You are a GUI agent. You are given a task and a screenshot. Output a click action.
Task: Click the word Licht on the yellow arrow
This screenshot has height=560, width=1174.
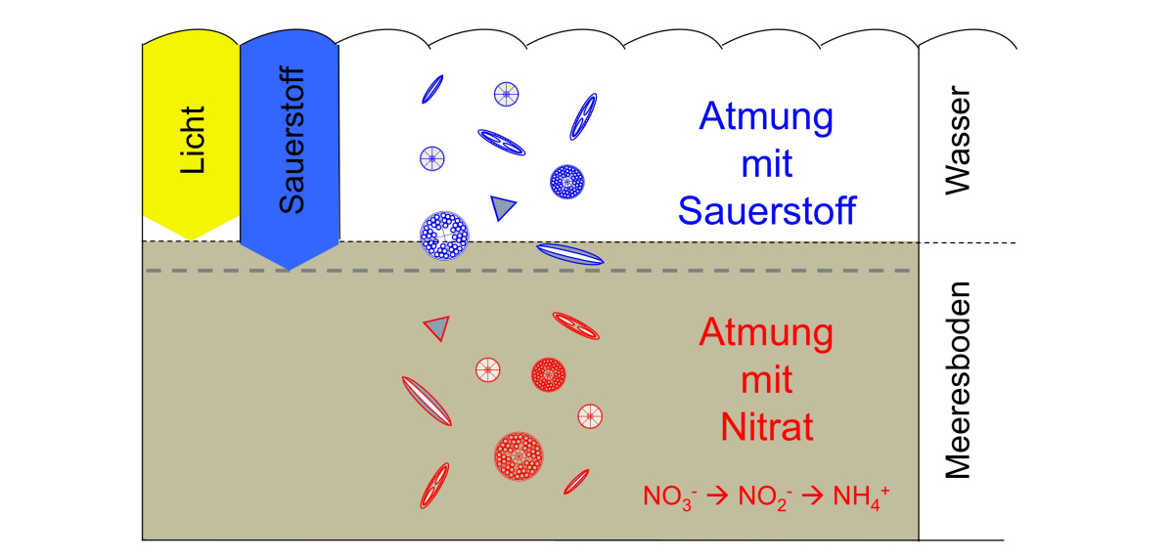click(x=192, y=140)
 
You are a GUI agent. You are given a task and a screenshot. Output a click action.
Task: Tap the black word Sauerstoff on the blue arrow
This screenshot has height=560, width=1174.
click(x=292, y=140)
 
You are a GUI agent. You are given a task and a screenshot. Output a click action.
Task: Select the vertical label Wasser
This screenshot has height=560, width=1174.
click(x=958, y=141)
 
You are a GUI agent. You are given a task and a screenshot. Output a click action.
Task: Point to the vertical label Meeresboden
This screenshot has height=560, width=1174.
click(x=958, y=380)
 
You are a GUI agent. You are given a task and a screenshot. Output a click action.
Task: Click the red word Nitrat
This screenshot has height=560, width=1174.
click(x=767, y=427)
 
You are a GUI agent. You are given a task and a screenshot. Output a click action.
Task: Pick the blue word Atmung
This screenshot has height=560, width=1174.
click(x=766, y=118)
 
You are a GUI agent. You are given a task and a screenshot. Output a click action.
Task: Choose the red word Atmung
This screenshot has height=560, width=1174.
click(x=766, y=334)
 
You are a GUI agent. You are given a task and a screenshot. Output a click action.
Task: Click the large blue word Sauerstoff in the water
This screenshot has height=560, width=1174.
click(x=767, y=211)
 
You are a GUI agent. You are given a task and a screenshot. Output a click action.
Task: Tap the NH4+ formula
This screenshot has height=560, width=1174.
click(x=861, y=497)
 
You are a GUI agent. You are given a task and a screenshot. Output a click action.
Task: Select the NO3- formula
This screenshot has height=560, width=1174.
click(x=670, y=497)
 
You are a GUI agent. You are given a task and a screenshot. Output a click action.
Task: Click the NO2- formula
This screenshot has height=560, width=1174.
click(x=765, y=497)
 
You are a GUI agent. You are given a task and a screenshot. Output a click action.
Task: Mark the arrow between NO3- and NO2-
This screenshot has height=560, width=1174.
click(x=717, y=495)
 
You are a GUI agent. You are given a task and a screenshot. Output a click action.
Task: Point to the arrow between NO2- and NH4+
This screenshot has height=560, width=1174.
click(x=812, y=495)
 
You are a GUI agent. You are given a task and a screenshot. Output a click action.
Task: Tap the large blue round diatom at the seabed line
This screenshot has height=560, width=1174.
click(x=444, y=236)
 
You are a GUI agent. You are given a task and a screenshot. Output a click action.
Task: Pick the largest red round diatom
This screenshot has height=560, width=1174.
click(x=519, y=455)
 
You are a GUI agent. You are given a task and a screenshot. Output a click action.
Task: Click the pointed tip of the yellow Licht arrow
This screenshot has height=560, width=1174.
click(x=191, y=240)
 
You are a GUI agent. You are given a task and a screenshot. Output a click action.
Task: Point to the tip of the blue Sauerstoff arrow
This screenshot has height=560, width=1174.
click(x=290, y=270)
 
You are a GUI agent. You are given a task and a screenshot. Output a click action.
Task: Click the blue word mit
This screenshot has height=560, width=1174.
click(x=767, y=164)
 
